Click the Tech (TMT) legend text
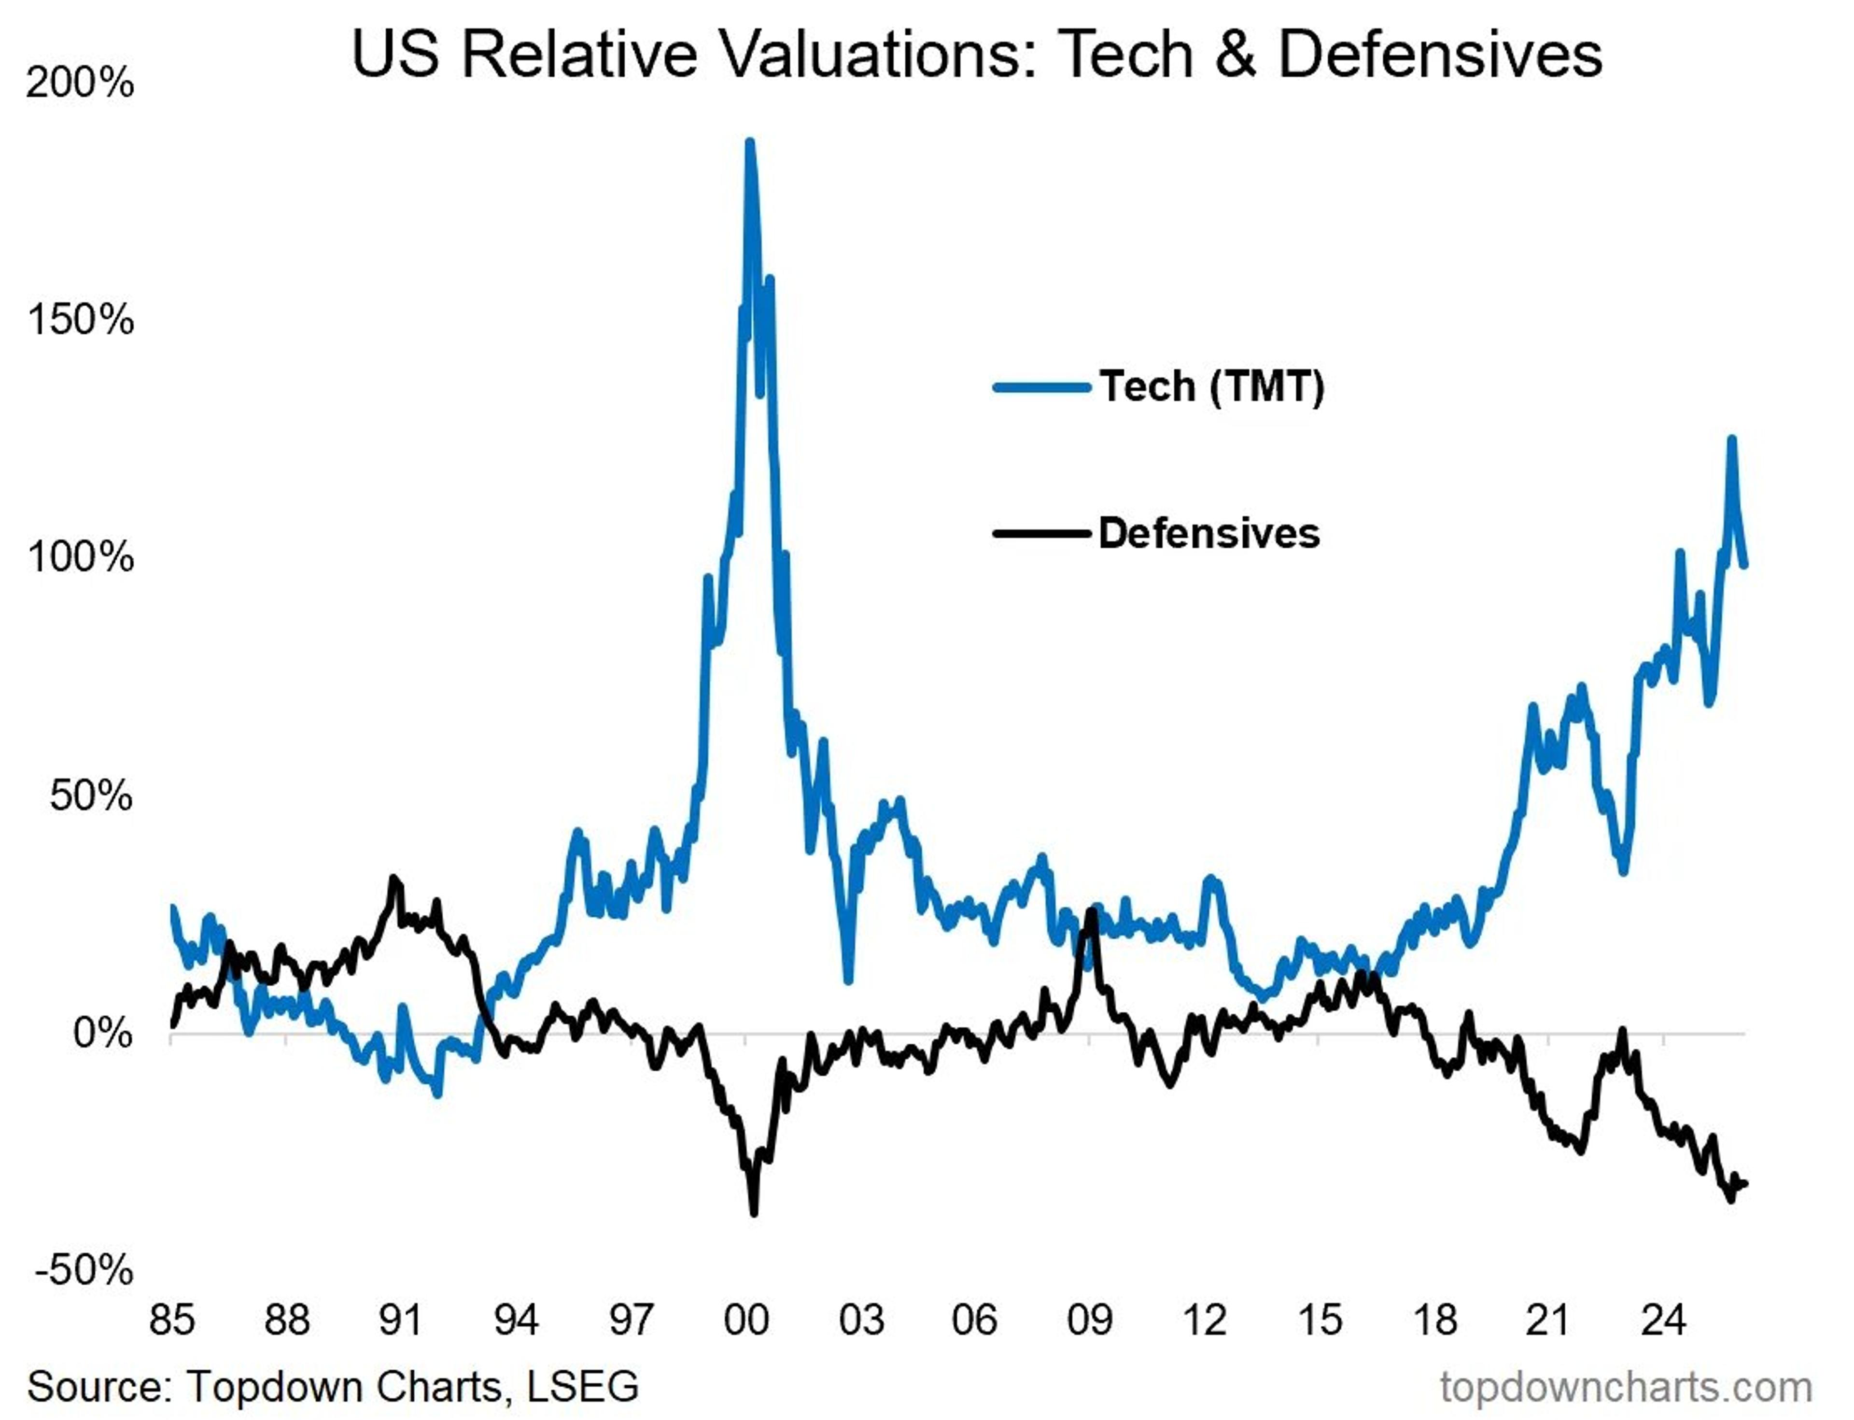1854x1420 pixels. pos(1211,387)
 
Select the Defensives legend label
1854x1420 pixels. pos(1208,533)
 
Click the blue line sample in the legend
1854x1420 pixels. pos(1041,388)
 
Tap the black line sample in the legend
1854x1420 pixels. pos(1041,533)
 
